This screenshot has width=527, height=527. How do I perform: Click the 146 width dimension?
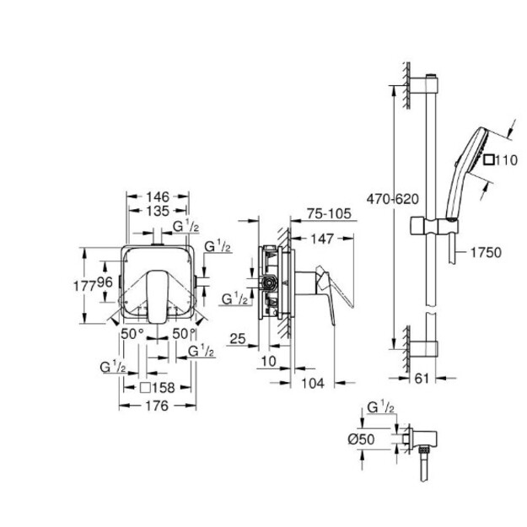pyautogui.click(x=158, y=196)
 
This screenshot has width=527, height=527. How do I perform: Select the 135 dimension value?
pyautogui.click(x=158, y=211)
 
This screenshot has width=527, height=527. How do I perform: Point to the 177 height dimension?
pyautogui.click(x=84, y=286)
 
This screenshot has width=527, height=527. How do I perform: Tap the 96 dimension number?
pyautogui.click(x=105, y=282)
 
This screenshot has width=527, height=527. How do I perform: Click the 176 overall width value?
pyautogui.click(x=157, y=406)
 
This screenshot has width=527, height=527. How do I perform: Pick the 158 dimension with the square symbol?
pyautogui.click(x=158, y=388)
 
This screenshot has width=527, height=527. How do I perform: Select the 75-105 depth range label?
pyautogui.click(x=329, y=213)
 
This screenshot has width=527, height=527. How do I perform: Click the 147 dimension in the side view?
pyautogui.click(x=321, y=239)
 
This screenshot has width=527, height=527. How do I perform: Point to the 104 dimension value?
pyautogui.click(x=313, y=383)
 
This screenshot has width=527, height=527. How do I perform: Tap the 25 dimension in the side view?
pyautogui.click(x=238, y=338)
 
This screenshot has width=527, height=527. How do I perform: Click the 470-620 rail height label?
pyautogui.click(x=393, y=199)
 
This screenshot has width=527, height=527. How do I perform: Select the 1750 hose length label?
pyautogui.click(x=486, y=252)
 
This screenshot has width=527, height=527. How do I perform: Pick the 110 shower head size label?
pyautogui.click(x=501, y=160)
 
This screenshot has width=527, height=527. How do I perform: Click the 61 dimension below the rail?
pyautogui.click(x=422, y=379)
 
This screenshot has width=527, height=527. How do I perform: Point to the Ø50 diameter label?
pyautogui.click(x=361, y=439)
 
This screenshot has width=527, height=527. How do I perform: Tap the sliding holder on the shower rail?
pyautogui.click(x=433, y=226)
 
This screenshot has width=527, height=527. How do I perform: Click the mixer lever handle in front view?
pyautogui.click(x=156, y=297)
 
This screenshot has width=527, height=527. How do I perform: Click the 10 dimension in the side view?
pyautogui.click(x=268, y=361)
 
